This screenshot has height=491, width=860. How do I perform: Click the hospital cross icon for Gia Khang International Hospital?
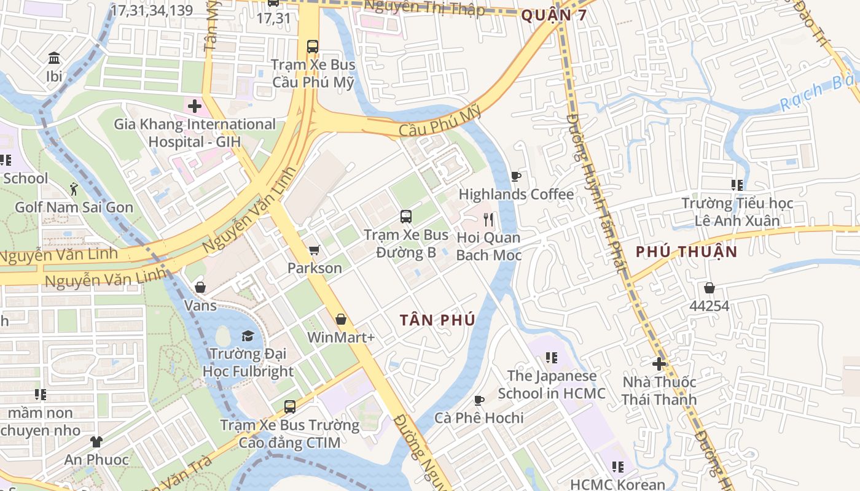click(x=195, y=106)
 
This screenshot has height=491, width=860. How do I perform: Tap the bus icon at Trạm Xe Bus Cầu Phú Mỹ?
click(x=313, y=46)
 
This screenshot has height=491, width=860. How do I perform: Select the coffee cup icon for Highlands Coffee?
click(x=516, y=177)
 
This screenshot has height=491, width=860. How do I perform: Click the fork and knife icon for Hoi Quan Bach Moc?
click(x=488, y=219)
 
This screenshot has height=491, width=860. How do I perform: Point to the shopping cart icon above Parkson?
click(x=315, y=250)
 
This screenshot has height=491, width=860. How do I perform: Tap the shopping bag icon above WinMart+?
click(x=341, y=319)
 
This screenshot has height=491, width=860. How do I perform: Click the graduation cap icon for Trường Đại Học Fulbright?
click(x=248, y=336)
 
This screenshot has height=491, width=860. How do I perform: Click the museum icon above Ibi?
click(x=54, y=58)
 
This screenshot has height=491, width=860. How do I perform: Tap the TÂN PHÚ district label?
click(x=437, y=320)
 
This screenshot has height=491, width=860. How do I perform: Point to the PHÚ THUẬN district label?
click(x=686, y=252)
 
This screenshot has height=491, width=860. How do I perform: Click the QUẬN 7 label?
click(x=553, y=16)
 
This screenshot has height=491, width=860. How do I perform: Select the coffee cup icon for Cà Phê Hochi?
click(x=479, y=400)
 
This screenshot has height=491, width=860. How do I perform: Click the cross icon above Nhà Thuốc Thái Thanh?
click(x=659, y=364)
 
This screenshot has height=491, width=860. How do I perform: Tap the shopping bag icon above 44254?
click(x=709, y=288)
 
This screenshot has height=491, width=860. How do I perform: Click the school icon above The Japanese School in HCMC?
click(x=552, y=358)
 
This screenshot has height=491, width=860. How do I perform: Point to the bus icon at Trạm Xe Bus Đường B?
click(x=405, y=216)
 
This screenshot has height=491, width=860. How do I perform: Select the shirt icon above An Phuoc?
click(x=96, y=441)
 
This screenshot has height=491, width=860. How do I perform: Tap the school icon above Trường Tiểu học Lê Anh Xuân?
click(x=737, y=185)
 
